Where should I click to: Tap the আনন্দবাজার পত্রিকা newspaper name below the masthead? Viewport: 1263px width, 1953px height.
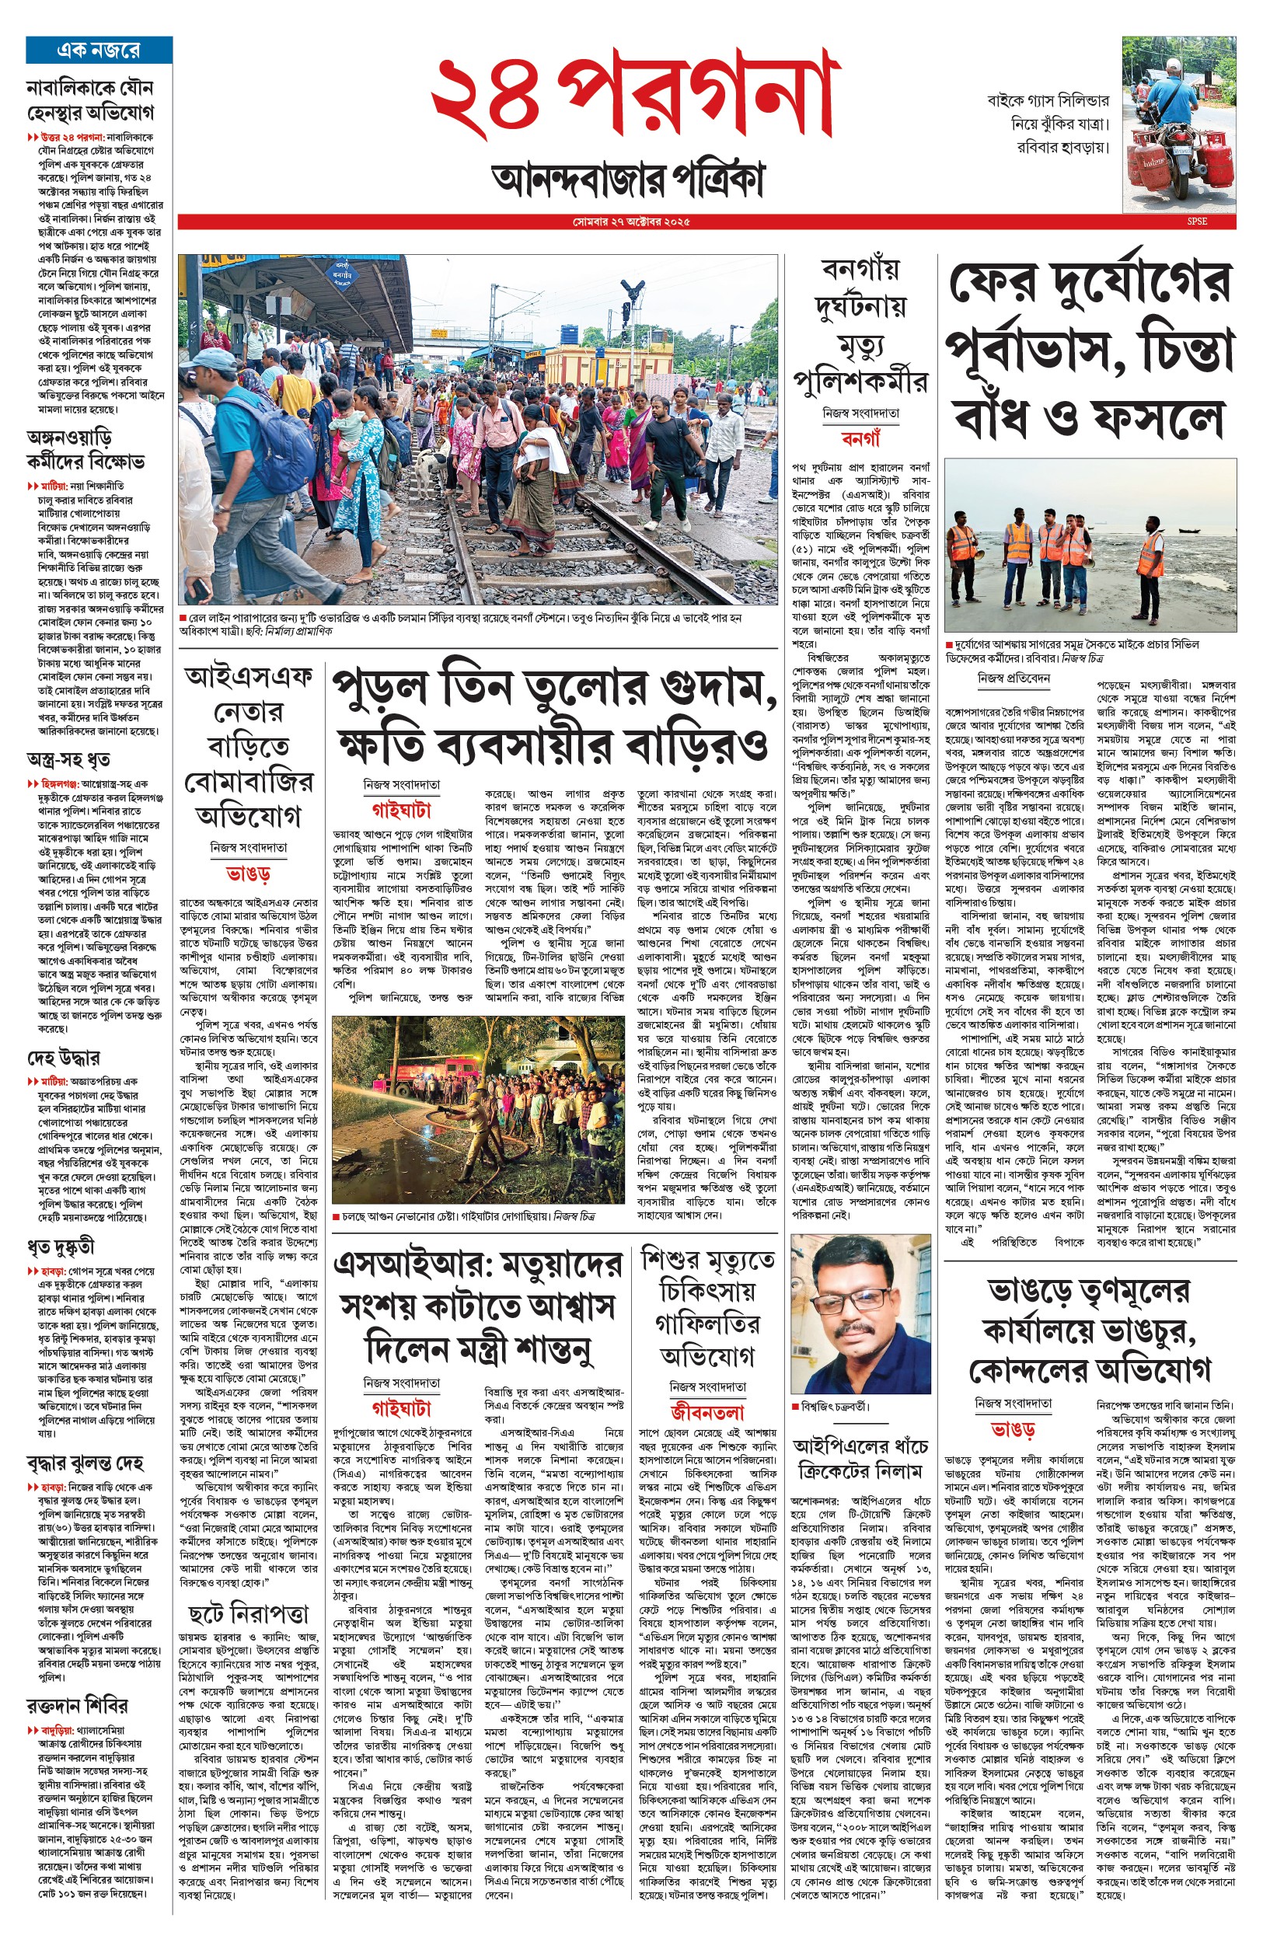(628, 179)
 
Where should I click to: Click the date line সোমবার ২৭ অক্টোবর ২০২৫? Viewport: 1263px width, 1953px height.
(630, 222)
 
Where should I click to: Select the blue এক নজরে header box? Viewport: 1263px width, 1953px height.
(99, 50)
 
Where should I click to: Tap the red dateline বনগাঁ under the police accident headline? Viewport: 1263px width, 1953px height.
(860, 441)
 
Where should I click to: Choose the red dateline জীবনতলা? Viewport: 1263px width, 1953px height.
(707, 1412)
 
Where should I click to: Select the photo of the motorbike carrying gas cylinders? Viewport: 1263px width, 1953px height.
(1178, 124)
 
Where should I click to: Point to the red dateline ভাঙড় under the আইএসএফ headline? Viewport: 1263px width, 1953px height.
(249, 875)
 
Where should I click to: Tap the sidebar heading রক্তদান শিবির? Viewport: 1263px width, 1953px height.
(77, 1706)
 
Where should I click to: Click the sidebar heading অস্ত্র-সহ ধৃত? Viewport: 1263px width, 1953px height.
(69, 759)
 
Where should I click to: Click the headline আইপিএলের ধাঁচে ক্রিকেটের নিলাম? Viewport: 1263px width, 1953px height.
(860, 1459)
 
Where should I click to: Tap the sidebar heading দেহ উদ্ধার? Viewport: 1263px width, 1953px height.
(64, 1058)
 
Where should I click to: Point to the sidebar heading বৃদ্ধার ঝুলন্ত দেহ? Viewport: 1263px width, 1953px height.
(85, 1463)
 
